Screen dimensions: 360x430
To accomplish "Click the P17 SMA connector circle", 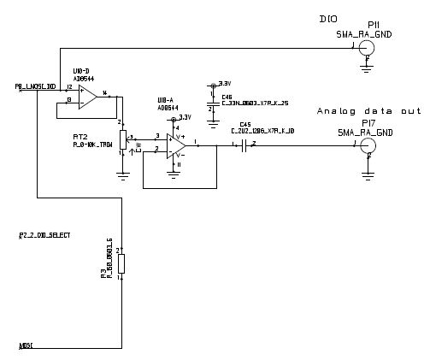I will click(x=367, y=146).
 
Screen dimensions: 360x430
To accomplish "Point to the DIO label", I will click(x=327, y=19).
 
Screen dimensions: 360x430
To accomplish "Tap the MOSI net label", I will click(x=27, y=345).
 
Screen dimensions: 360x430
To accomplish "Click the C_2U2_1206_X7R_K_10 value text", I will click(x=262, y=131).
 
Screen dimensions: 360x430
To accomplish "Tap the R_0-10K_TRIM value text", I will click(x=93, y=144).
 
